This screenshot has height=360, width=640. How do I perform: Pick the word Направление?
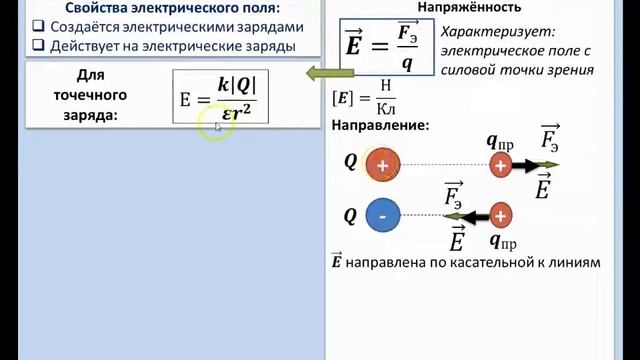380,127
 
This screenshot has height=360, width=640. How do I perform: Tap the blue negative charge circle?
383,214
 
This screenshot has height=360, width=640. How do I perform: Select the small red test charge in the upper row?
500,165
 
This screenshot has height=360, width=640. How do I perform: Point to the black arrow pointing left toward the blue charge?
468,215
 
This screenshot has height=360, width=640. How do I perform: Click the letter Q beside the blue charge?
350,214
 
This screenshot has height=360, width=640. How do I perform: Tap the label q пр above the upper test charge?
501,141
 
